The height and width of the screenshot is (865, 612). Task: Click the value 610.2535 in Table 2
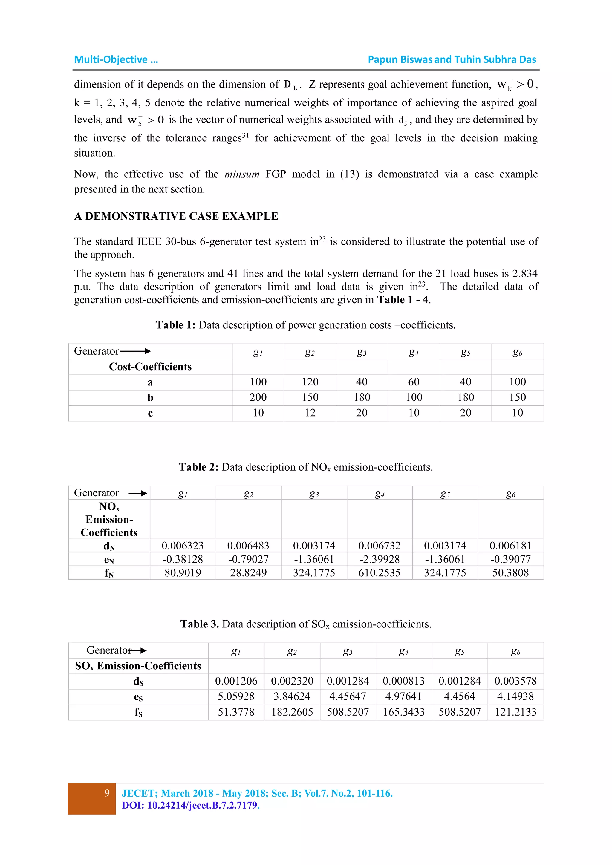coord(379,573)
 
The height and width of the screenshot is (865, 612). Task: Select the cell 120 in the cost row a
coord(310,382)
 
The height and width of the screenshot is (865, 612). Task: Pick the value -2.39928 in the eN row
coord(379,559)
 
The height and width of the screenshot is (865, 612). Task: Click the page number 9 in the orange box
coord(107,793)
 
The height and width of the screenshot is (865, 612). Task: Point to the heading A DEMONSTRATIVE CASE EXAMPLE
coord(176,216)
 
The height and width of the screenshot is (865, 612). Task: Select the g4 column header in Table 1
coord(413,352)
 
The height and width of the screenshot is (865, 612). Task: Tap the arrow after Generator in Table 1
coord(135,351)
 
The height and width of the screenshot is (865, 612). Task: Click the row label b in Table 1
coord(150,397)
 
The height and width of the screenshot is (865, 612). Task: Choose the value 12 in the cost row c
coord(310,413)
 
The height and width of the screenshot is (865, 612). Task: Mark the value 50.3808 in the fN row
coord(510,573)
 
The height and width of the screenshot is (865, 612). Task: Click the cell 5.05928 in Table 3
coord(236,696)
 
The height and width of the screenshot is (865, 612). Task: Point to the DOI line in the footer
coord(191,806)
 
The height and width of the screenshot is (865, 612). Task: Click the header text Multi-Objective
coord(111,59)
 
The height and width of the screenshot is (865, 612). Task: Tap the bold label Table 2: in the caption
coord(199,467)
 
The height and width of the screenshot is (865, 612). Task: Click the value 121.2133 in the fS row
coord(515,712)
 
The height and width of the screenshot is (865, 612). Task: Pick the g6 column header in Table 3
coord(515,651)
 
